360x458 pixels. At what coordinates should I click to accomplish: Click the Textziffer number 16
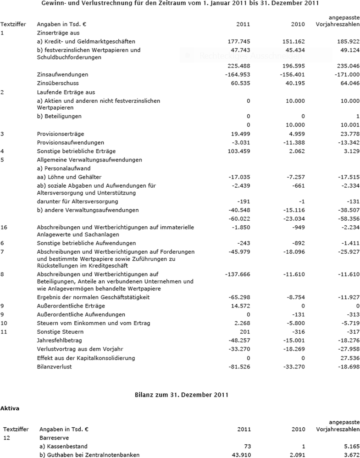pos(4,227)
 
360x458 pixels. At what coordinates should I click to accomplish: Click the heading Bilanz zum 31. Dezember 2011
pos(180,394)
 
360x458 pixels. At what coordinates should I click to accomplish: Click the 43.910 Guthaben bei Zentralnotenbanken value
pos(240,455)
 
